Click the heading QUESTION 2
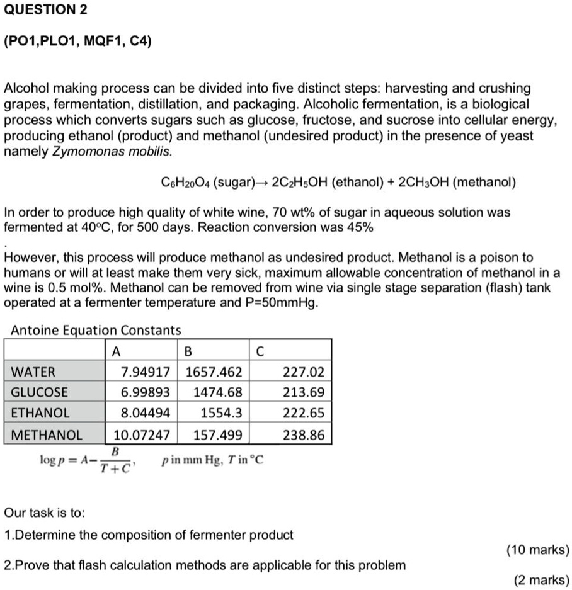pos(45,11)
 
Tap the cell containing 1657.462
pos(214,371)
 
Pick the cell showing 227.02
pos(305,371)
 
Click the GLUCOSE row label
pos(39,392)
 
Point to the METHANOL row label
pos(47,434)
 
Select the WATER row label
pos(33,371)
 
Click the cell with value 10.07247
pos(142,434)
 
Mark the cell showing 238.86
pos(305,434)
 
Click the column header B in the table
pos(188,350)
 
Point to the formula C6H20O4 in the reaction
pos(186,183)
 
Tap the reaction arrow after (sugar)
pos(263,183)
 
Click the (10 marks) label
pos(537,550)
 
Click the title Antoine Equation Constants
pos(96,330)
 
